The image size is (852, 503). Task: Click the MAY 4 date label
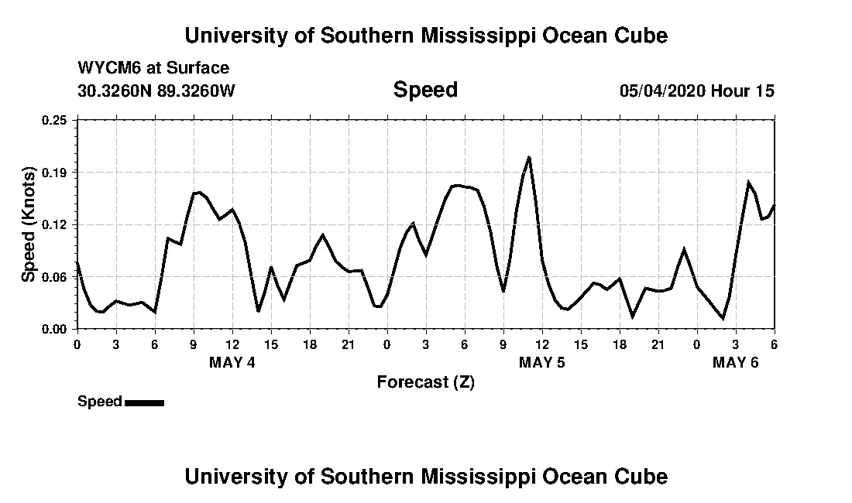[232, 362]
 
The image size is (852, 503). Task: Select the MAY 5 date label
[542, 362]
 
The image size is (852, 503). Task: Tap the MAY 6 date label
[735, 362]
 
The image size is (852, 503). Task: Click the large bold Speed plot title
[425, 90]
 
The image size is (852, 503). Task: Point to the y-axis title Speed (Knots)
[29, 224]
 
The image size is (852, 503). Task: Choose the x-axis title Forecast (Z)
[425, 382]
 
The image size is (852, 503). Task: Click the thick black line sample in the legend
[144, 402]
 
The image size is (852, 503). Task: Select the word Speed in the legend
[100, 402]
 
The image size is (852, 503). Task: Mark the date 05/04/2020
[662, 91]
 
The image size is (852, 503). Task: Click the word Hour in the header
[730, 91]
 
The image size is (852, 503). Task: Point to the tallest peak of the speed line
[529, 157]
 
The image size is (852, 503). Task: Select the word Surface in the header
[201, 68]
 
